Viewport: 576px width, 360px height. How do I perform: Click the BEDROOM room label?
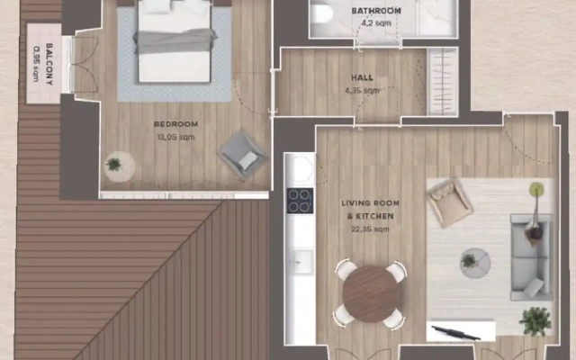coord(175,124)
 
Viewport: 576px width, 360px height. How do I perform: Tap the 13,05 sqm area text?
coord(175,138)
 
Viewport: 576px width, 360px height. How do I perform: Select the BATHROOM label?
coord(376,11)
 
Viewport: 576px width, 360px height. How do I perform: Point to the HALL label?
coord(362,78)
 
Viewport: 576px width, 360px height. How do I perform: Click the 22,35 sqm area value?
coord(370,229)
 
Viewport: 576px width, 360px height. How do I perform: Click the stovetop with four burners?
coord(300,201)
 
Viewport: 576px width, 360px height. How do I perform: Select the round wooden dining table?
coord(371,294)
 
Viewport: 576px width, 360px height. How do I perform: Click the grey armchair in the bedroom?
coord(242,155)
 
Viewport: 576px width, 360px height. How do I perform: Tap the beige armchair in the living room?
coord(449,202)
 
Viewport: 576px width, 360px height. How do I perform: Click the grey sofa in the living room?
coord(532,256)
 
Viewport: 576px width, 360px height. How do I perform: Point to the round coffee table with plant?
coord(475,263)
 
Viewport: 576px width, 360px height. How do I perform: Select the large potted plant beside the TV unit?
coord(535,321)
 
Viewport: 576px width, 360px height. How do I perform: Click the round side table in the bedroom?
coord(119,166)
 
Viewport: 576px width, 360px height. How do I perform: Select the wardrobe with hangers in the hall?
coord(442,82)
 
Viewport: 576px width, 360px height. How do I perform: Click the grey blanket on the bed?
coord(175,41)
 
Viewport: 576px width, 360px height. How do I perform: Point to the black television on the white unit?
coord(455,333)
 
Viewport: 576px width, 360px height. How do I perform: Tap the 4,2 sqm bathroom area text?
coord(376,23)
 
